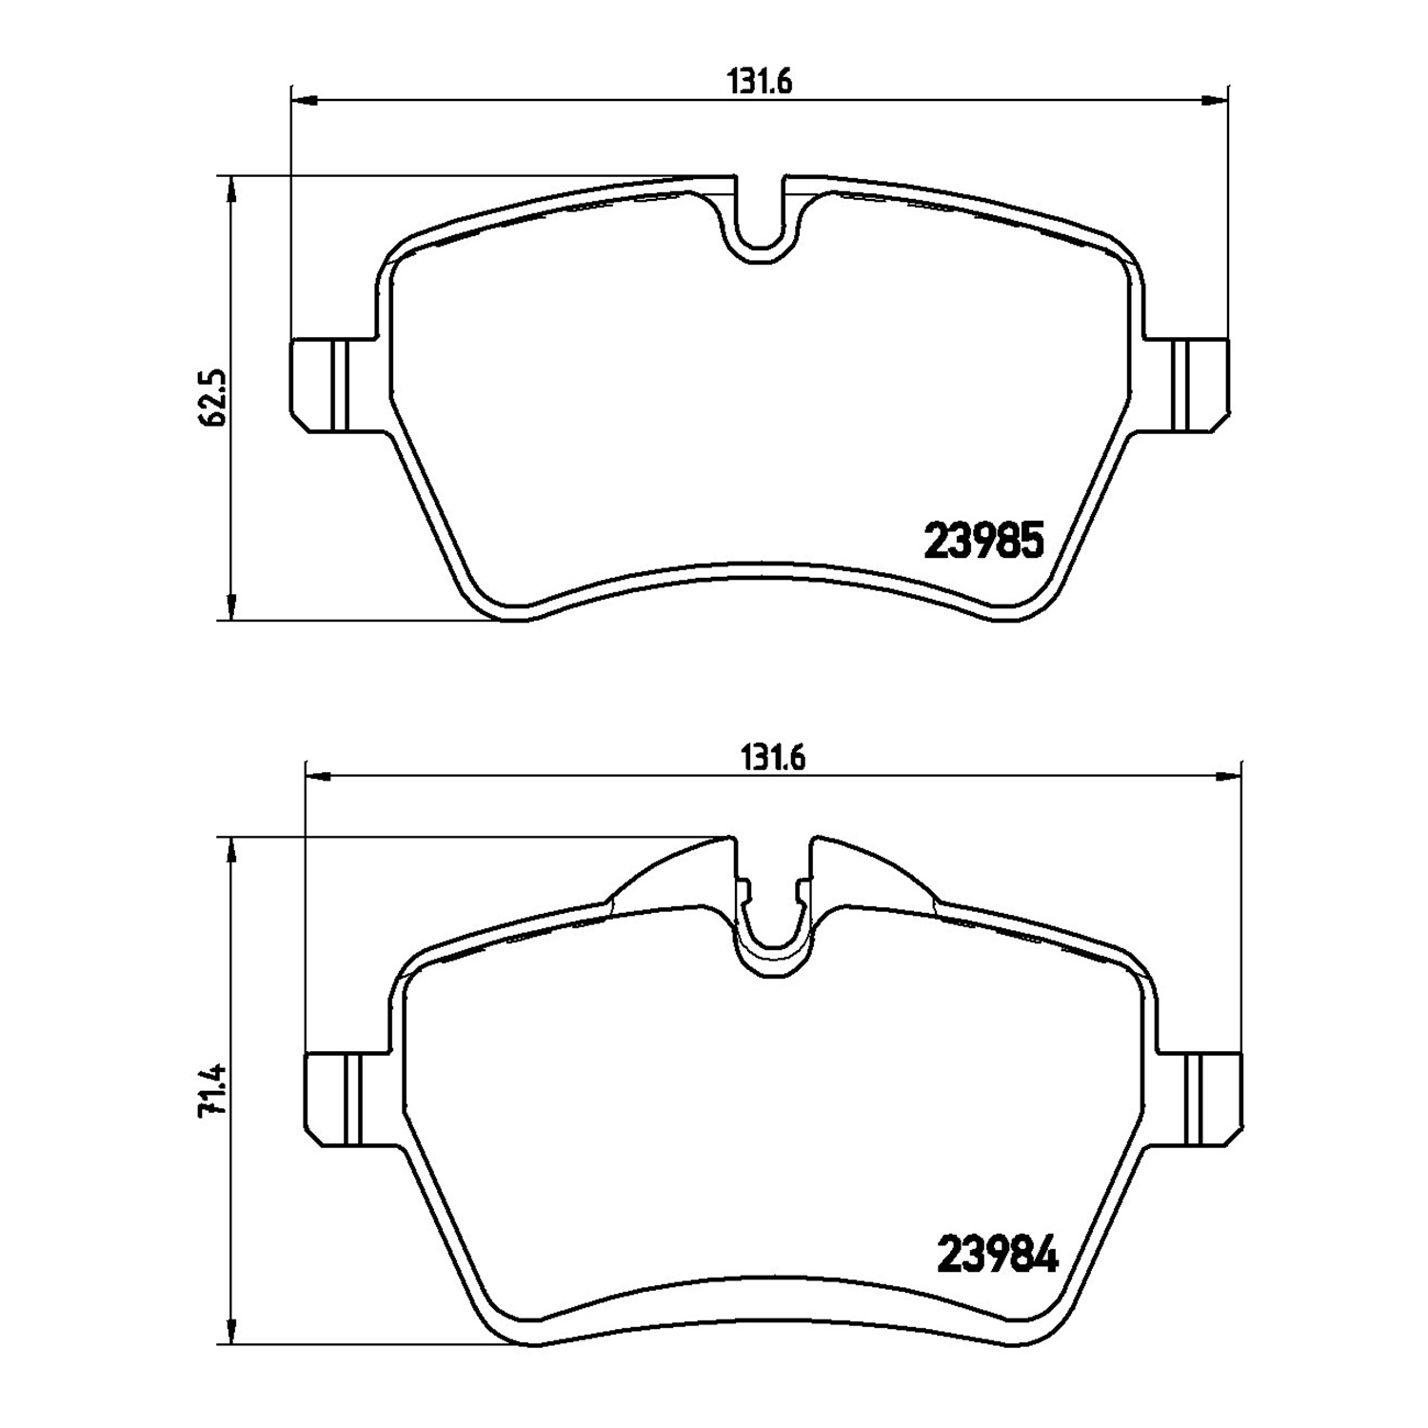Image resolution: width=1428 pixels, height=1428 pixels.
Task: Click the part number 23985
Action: [985, 541]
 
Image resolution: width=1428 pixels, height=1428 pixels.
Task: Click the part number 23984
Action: [999, 1255]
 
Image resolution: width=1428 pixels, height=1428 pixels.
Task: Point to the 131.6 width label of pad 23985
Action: [761, 83]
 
